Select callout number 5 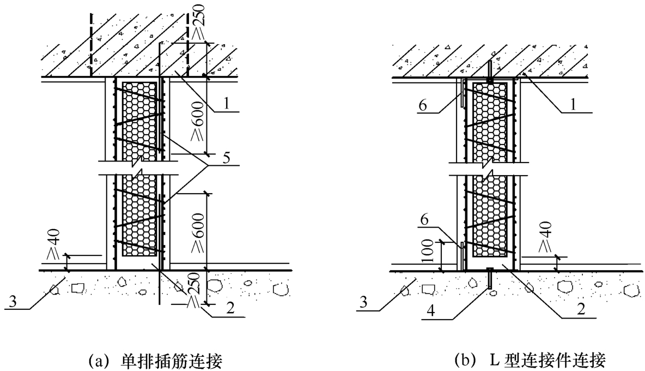(x=226, y=158)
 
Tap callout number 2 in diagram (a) (x=230, y=308)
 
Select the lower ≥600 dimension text (x=198, y=232)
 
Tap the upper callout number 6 (x=423, y=105)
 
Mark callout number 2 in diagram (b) (x=581, y=308)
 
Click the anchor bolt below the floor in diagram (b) (x=490, y=278)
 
